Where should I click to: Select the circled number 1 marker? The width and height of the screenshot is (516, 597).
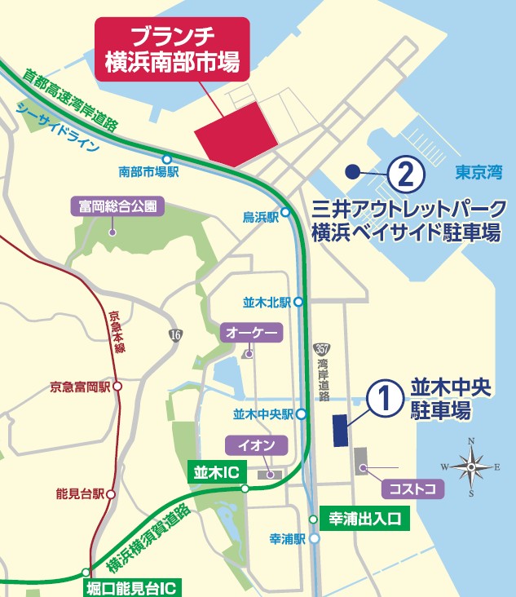(x=384, y=399)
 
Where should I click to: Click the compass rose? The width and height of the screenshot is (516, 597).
(x=470, y=467)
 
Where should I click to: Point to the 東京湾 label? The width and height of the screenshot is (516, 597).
(x=479, y=172)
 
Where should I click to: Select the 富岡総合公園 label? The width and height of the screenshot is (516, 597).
(x=117, y=206)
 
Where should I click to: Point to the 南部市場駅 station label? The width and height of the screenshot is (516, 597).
(x=148, y=172)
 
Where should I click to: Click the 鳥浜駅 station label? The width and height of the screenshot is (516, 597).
(x=261, y=217)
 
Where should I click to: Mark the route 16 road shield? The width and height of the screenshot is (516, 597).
(x=175, y=334)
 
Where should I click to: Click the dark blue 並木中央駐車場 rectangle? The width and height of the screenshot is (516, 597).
(x=340, y=429)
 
